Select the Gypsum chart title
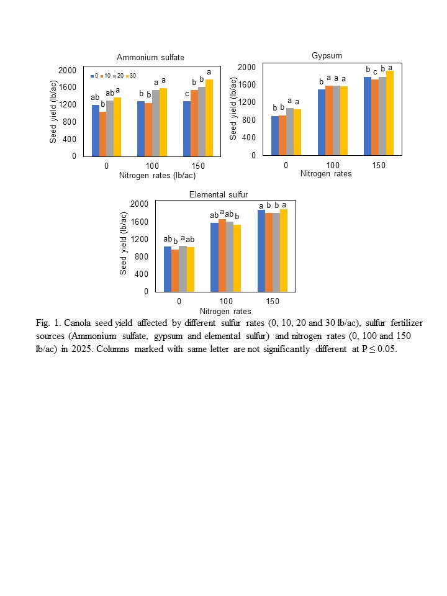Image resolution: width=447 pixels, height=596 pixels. point(327,56)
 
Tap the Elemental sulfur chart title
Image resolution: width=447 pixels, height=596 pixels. point(219,195)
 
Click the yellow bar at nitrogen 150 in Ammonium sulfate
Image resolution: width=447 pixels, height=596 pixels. point(209,118)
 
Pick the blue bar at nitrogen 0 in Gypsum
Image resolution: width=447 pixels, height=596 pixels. point(275,136)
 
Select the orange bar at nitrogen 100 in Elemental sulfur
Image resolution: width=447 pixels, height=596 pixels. point(222,255)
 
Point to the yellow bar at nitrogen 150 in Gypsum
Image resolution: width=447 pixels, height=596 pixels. point(390,113)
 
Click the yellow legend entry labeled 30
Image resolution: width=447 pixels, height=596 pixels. point(130,76)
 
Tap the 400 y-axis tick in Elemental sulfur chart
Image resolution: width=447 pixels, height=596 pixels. point(141,274)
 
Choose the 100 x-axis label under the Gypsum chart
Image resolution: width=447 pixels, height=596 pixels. point(332,166)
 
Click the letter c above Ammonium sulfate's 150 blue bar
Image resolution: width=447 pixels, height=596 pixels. point(187,94)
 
